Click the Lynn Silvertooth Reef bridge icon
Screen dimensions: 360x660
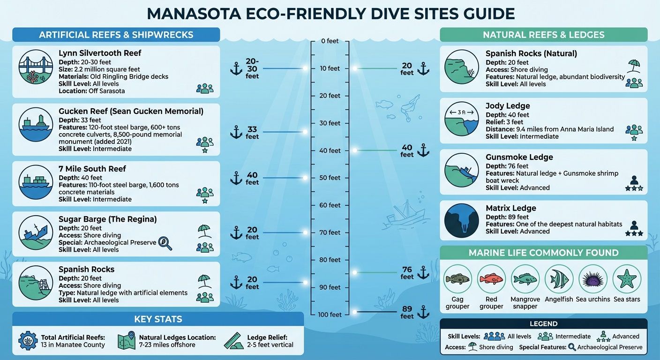(x=35, y=67)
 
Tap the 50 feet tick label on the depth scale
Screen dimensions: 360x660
(x=330, y=178)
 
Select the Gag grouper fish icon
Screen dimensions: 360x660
(x=457, y=279)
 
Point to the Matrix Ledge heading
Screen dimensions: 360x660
(x=510, y=208)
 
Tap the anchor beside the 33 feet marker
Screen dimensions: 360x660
(x=236, y=132)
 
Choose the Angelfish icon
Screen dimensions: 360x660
(x=559, y=279)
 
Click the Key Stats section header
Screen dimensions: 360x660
(x=158, y=320)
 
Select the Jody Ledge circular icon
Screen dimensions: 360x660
(x=461, y=119)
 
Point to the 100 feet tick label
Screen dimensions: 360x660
(x=330, y=315)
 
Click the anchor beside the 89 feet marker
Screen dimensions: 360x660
(x=423, y=312)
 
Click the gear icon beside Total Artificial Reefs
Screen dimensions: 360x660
(x=28, y=341)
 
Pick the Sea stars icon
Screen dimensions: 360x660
(x=627, y=279)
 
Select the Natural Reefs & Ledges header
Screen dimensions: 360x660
(x=543, y=35)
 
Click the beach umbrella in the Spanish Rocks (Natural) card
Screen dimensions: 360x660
(x=634, y=66)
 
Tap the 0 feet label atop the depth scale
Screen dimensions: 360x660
(x=330, y=41)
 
